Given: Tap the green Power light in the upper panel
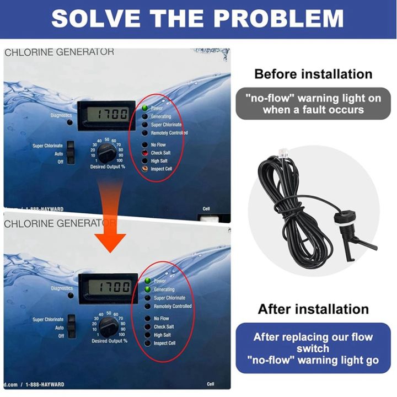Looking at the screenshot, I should [x=145, y=108].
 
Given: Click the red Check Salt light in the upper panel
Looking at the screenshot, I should [x=145, y=153].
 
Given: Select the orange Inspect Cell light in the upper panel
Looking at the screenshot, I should [x=145, y=169].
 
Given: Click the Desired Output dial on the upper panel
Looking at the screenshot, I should [x=106, y=153].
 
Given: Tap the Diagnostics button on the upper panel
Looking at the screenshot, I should [x=69, y=123].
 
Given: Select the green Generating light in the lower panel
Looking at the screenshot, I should [x=147, y=289].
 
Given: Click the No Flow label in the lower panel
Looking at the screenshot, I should [x=162, y=319].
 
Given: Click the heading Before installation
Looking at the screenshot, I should [x=313, y=74].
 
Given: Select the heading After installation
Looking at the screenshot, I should [x=313, y=309].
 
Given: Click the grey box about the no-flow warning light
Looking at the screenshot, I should [x=313, y=104].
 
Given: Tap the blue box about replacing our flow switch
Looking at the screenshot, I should [x=313, y=348].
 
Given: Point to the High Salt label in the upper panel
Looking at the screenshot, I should [x=163, y=161].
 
